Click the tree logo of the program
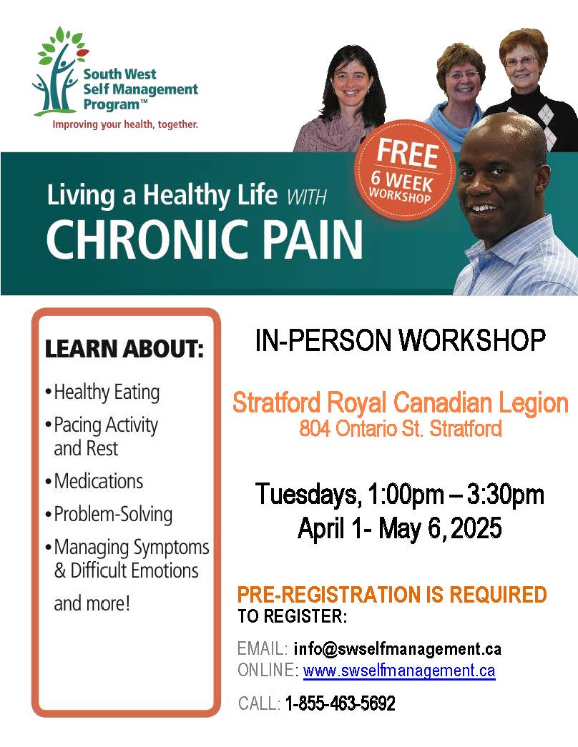point(60,71)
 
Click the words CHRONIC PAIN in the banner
point(205,239)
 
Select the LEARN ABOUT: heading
point(124,349)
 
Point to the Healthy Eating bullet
point(102,392)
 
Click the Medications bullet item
point(94,481)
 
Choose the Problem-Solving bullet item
point(109,515)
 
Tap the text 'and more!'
point(92,603)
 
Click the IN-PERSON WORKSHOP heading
point(400,340)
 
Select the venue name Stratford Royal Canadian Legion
point(400,403)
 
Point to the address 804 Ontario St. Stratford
point(401,428)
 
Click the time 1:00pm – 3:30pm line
point(456,494)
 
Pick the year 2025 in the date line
point(476,528)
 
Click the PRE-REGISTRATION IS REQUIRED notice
point(392,595)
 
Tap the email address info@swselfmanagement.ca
point(398,648)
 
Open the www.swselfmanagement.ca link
point(399,671)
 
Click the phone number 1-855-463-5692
point(340,703)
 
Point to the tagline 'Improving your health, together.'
point(125,125)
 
